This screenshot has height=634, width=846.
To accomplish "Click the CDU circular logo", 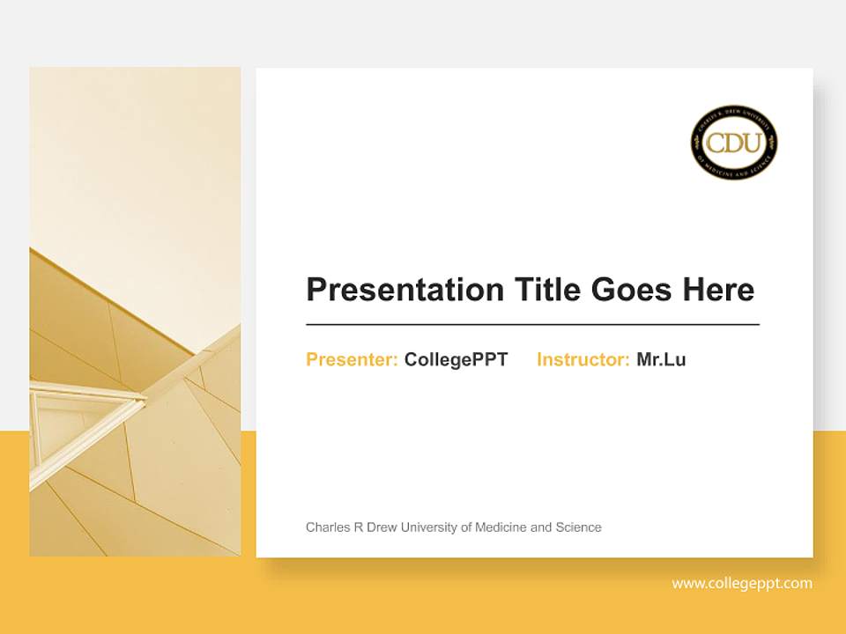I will pyautogui.click(x=733, y=144).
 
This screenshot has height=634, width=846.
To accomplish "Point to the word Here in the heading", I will pyautogui.click(x=719, y=290).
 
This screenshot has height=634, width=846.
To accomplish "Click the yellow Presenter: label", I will pyautogui.click(x=352, y=359).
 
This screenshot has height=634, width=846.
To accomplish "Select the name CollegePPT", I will pyautogui.click(x=456, y=359).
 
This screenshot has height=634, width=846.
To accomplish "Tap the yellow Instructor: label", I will pyautogui.click(x=583, y=359).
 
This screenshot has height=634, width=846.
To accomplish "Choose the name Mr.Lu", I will pyautogui.click(x=661, y=359).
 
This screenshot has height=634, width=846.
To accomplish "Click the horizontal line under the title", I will pyautogui.click(x=532, y=325).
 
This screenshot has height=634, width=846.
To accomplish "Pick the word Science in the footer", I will pyautogui.click(x=578, y=527).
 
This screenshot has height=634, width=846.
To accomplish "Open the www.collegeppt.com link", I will pyautogui.click(x=742, y=584).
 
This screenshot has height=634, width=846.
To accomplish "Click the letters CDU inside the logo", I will pyautogui.click(x=733, y=143).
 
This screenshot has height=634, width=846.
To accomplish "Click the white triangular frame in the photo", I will pyautogui.click(x=84, y=414).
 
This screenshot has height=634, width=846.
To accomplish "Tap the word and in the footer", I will pyautogui.click(x=541, y=527).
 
